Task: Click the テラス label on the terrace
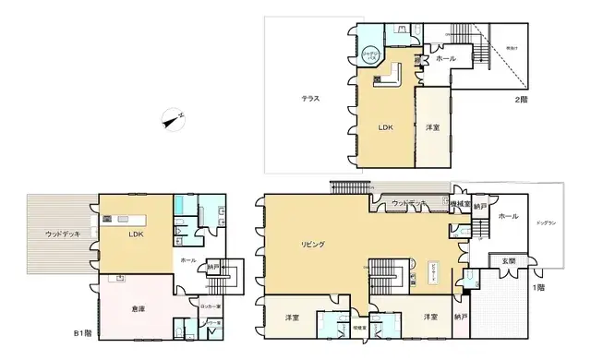point(310,98)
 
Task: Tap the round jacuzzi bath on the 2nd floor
point(369,54)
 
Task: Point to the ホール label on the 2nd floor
point(445,58)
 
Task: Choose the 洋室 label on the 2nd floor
point(432,127)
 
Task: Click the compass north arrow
point(171,118)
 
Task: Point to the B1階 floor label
point(83,333)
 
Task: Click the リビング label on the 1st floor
point(312,244)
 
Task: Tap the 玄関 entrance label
point(509,261)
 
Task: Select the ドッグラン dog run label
point(548,224)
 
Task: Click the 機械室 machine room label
point(460,203)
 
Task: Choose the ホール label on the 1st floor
point(508,216)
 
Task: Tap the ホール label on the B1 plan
point(187,261)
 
